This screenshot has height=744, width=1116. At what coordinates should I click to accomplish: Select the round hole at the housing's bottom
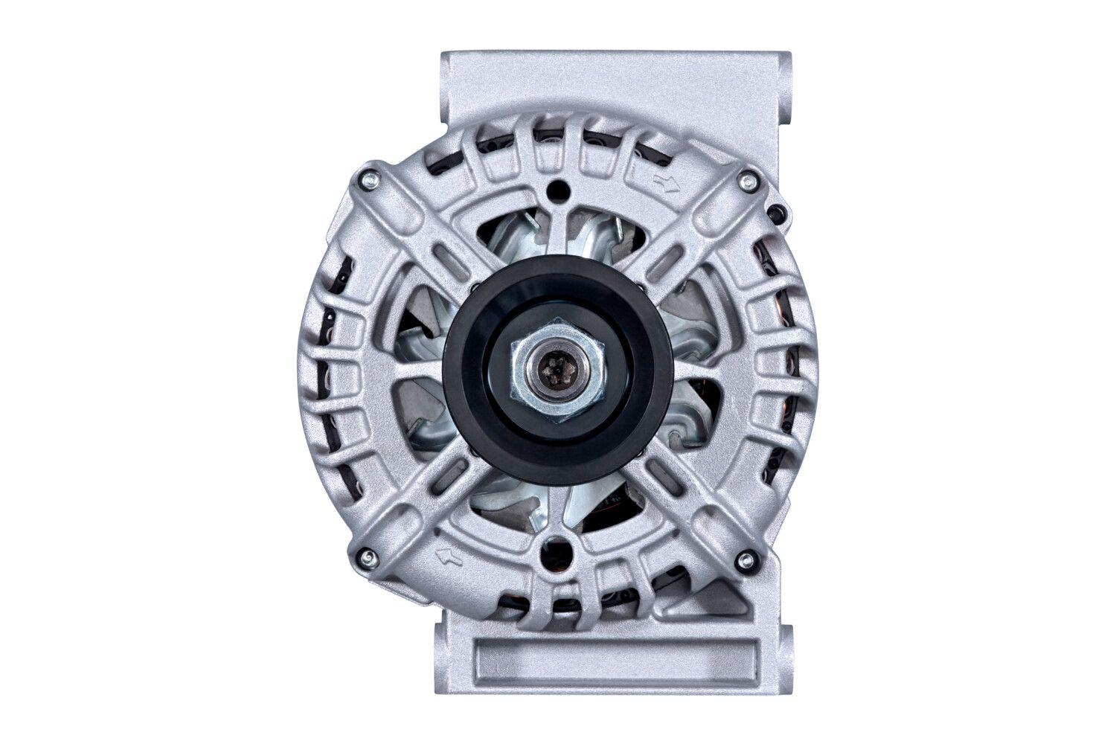(557, 551)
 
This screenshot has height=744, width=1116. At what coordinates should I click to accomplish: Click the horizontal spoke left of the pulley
(417, 370)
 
